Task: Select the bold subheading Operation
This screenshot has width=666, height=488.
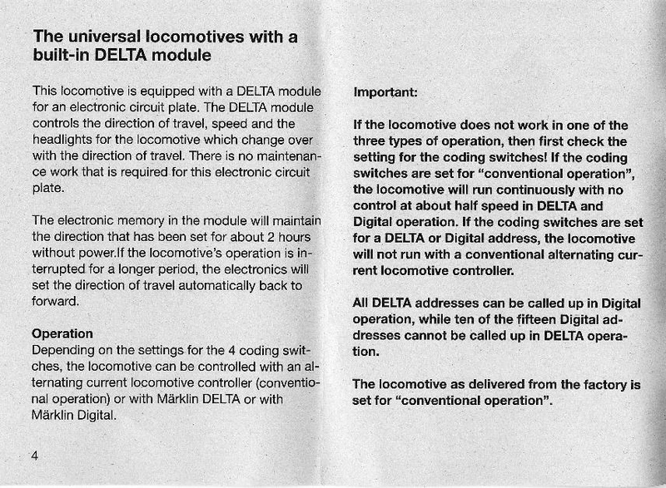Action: (x=62, y=333)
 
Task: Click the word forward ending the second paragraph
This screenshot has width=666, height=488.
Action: (x=55, y=301)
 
